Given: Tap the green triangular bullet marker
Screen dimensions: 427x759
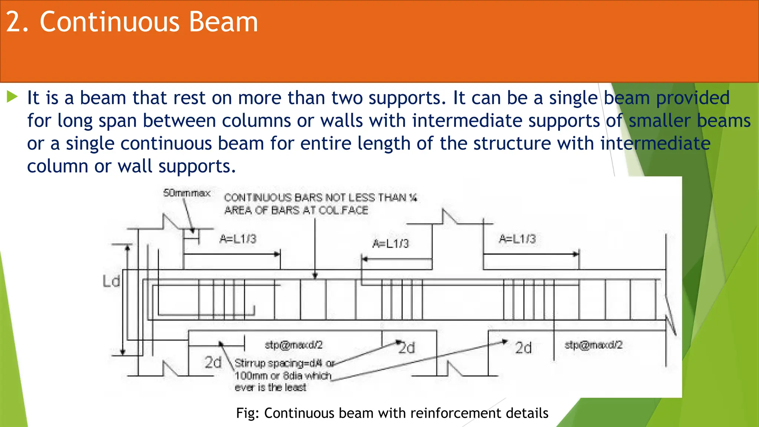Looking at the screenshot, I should click(12, 97).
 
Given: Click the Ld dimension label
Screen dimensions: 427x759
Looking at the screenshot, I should click(111, 281).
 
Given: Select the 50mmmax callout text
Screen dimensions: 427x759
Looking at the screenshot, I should click(187, 193).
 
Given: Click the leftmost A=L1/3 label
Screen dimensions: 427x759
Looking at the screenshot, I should click(238, 239).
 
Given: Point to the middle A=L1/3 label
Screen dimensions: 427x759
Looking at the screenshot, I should click(391, 244).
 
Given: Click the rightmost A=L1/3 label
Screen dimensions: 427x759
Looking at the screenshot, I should click(517, 239).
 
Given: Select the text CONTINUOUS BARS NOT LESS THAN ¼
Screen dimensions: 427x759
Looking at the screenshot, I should click(321, 198).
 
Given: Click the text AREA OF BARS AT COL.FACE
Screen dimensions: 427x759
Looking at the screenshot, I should click(296, 211).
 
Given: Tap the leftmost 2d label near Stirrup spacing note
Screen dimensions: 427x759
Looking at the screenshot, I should click(213, 362).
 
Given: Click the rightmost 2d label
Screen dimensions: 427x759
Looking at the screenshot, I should click(523, 348).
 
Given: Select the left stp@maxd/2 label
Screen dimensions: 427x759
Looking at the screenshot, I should click(294, 345).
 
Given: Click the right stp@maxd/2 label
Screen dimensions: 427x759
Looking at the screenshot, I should click(593, 345).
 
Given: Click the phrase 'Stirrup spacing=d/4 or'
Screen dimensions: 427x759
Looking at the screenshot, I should click(284, 363).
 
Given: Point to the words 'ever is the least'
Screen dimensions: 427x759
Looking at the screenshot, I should click(271, 388).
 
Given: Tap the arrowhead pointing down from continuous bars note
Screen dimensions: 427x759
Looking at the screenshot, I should click(315, 276).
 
